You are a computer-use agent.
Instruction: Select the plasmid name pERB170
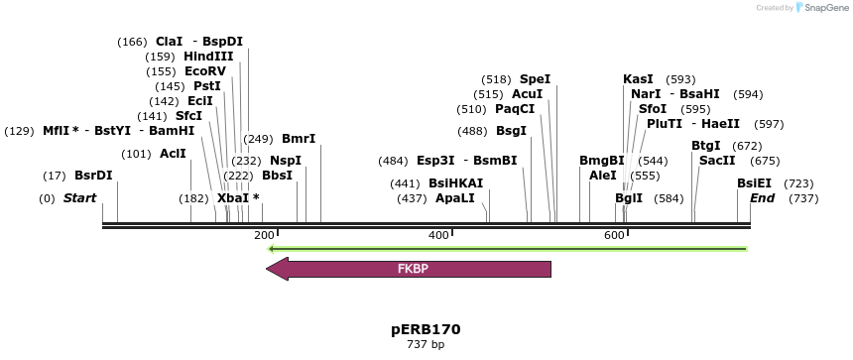[426, 329]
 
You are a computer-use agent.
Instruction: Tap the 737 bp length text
[426, 345]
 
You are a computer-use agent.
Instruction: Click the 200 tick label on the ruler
[264, 235]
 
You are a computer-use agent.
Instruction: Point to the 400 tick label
[438, 235]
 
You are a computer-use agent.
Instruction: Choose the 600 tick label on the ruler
[614, 235]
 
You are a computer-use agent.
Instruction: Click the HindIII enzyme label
[208, 57]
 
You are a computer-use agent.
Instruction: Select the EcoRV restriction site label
[205, 71]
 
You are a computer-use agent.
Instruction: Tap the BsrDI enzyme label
[93, 176]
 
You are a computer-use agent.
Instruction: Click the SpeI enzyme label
[535, 79]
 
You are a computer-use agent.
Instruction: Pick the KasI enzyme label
[638, 79]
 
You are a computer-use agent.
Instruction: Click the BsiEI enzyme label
[754, 183]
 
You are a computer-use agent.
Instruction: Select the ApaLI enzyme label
[455, 198]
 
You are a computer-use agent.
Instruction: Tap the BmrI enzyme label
[299, 139]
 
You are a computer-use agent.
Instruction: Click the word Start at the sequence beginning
[79, 198]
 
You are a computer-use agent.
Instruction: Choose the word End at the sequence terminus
[762, 198]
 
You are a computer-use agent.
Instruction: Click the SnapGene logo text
[827, 8]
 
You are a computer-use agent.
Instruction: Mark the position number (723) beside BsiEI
[798, 183]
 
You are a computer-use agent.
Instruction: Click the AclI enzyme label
[173, 154]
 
